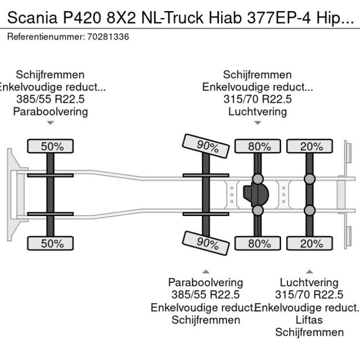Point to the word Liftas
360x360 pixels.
pyautogui.click(x=309, y=320)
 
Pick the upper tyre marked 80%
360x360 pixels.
pyautogui.click(x=259, y=146)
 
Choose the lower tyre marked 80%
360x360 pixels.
pyautogui.click(x=259, y=244)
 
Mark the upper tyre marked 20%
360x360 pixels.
pyautogui.click(x=311, y=146)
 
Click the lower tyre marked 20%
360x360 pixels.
pyautogui.click(x=311, y=244)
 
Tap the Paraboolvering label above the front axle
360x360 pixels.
pyautogui.click(x=51, y=111)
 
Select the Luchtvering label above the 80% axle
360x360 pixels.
pyautogui.click(x=257, y=111)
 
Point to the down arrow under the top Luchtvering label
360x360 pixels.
pyautogui.click(x=257, y=123)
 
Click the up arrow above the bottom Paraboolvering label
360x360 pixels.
pyautogui.click(x=205, y=271)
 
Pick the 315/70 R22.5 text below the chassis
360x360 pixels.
pyautogui.click(x=309, y=294)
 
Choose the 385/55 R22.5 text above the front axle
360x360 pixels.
pyautogui.click(x=51, y=99)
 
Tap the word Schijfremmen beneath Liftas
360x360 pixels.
pyautogui.click(x=309, y=332)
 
